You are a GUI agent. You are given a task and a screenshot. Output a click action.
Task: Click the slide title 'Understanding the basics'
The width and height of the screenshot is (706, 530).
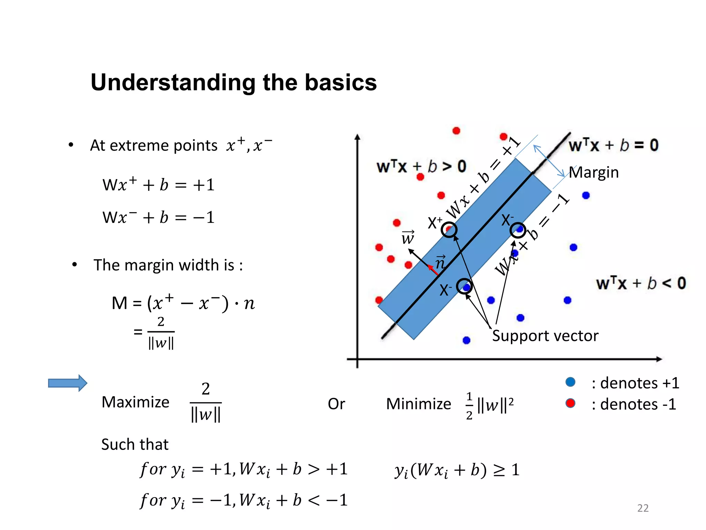tap(234, 83)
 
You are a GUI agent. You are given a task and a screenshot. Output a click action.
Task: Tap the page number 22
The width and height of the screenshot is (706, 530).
tap(643, 508)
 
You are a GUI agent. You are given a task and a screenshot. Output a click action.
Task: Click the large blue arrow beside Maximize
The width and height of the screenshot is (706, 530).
tap(68, 383)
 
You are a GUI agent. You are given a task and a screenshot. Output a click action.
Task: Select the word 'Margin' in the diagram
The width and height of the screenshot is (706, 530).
tap(594, 173)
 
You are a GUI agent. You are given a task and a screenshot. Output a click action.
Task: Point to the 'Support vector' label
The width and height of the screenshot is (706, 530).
tap(545, 336)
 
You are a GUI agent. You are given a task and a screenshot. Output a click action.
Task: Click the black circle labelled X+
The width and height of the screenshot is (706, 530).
tap(449, 229)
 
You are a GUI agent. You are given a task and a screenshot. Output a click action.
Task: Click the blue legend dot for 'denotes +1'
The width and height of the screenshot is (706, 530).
tap(571, 382)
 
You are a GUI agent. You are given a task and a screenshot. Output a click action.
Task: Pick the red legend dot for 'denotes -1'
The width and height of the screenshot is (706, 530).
tap(571, 403)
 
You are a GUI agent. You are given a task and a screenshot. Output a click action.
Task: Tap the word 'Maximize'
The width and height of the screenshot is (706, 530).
tap(135, 402)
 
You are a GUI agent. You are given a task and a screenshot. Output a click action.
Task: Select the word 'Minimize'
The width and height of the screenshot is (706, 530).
tap(418, 404)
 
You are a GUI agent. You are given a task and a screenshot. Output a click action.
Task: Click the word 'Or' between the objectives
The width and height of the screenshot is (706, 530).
tap(336, 404)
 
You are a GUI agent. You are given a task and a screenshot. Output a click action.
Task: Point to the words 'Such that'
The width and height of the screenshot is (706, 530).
tap(135, 444)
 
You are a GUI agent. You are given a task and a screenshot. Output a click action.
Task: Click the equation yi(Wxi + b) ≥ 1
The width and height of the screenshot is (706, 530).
tap(457, 470)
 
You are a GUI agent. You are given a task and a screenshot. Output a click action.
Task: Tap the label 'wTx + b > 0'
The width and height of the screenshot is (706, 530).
tap(421, 167)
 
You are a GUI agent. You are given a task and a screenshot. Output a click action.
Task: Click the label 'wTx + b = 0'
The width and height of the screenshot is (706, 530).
tap(613, 145)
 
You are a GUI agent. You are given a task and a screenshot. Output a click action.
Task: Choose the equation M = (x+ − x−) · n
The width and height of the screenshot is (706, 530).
tap(183, 303)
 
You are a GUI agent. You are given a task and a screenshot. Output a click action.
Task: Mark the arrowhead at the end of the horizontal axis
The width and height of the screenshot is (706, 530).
tap(659, 359)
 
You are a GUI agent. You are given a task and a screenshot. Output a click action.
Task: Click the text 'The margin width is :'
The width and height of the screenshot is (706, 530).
tap(168, 265)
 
